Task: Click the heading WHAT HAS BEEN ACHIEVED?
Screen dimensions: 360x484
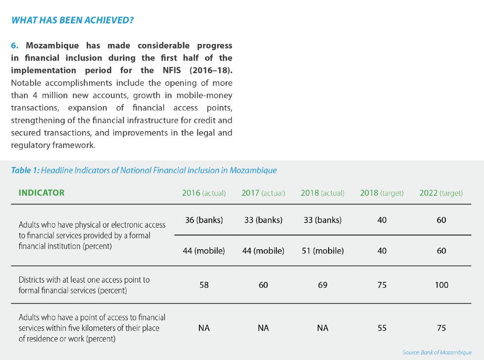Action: [72, 20]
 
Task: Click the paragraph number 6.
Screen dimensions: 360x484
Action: [14, 46]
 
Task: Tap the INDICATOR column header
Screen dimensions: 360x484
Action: [42, 193]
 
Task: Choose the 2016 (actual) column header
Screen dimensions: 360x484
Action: [203, 193]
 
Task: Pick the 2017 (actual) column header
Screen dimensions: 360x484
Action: [263, 193]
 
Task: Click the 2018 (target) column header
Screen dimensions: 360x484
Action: [382, 193]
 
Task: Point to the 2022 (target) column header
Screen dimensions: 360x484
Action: [441, 193]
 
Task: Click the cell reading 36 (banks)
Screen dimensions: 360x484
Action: [203, 220]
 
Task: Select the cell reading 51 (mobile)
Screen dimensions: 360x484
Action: [322, 251]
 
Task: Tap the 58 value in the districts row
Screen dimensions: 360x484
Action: [203, 285]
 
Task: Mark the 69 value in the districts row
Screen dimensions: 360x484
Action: [322, 285]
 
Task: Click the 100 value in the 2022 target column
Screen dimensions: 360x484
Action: [441, 285]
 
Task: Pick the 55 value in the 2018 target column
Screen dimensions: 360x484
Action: [382, 328]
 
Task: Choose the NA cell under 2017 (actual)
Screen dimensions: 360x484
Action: [263, 328]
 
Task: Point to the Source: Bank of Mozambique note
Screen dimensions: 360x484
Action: [436, 353]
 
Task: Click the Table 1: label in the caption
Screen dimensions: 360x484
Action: [25, 170]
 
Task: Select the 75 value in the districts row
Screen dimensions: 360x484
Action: [382, 285]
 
